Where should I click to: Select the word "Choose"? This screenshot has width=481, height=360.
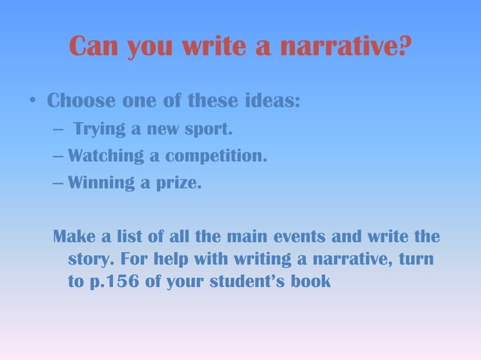pyautogui.click(x=79, y=100)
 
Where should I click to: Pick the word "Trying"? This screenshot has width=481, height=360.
pyautogui.click(x=99, y=130)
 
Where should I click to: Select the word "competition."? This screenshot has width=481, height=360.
pyautogui.click(x=216, y=157)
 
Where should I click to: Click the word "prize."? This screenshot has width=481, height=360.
pyautogui.click(x=179, y=184)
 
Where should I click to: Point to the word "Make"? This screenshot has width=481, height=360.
pyautogui.click(x=74, y=238)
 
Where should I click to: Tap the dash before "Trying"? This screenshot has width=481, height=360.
pyautogui.click(x=59, y=130)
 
